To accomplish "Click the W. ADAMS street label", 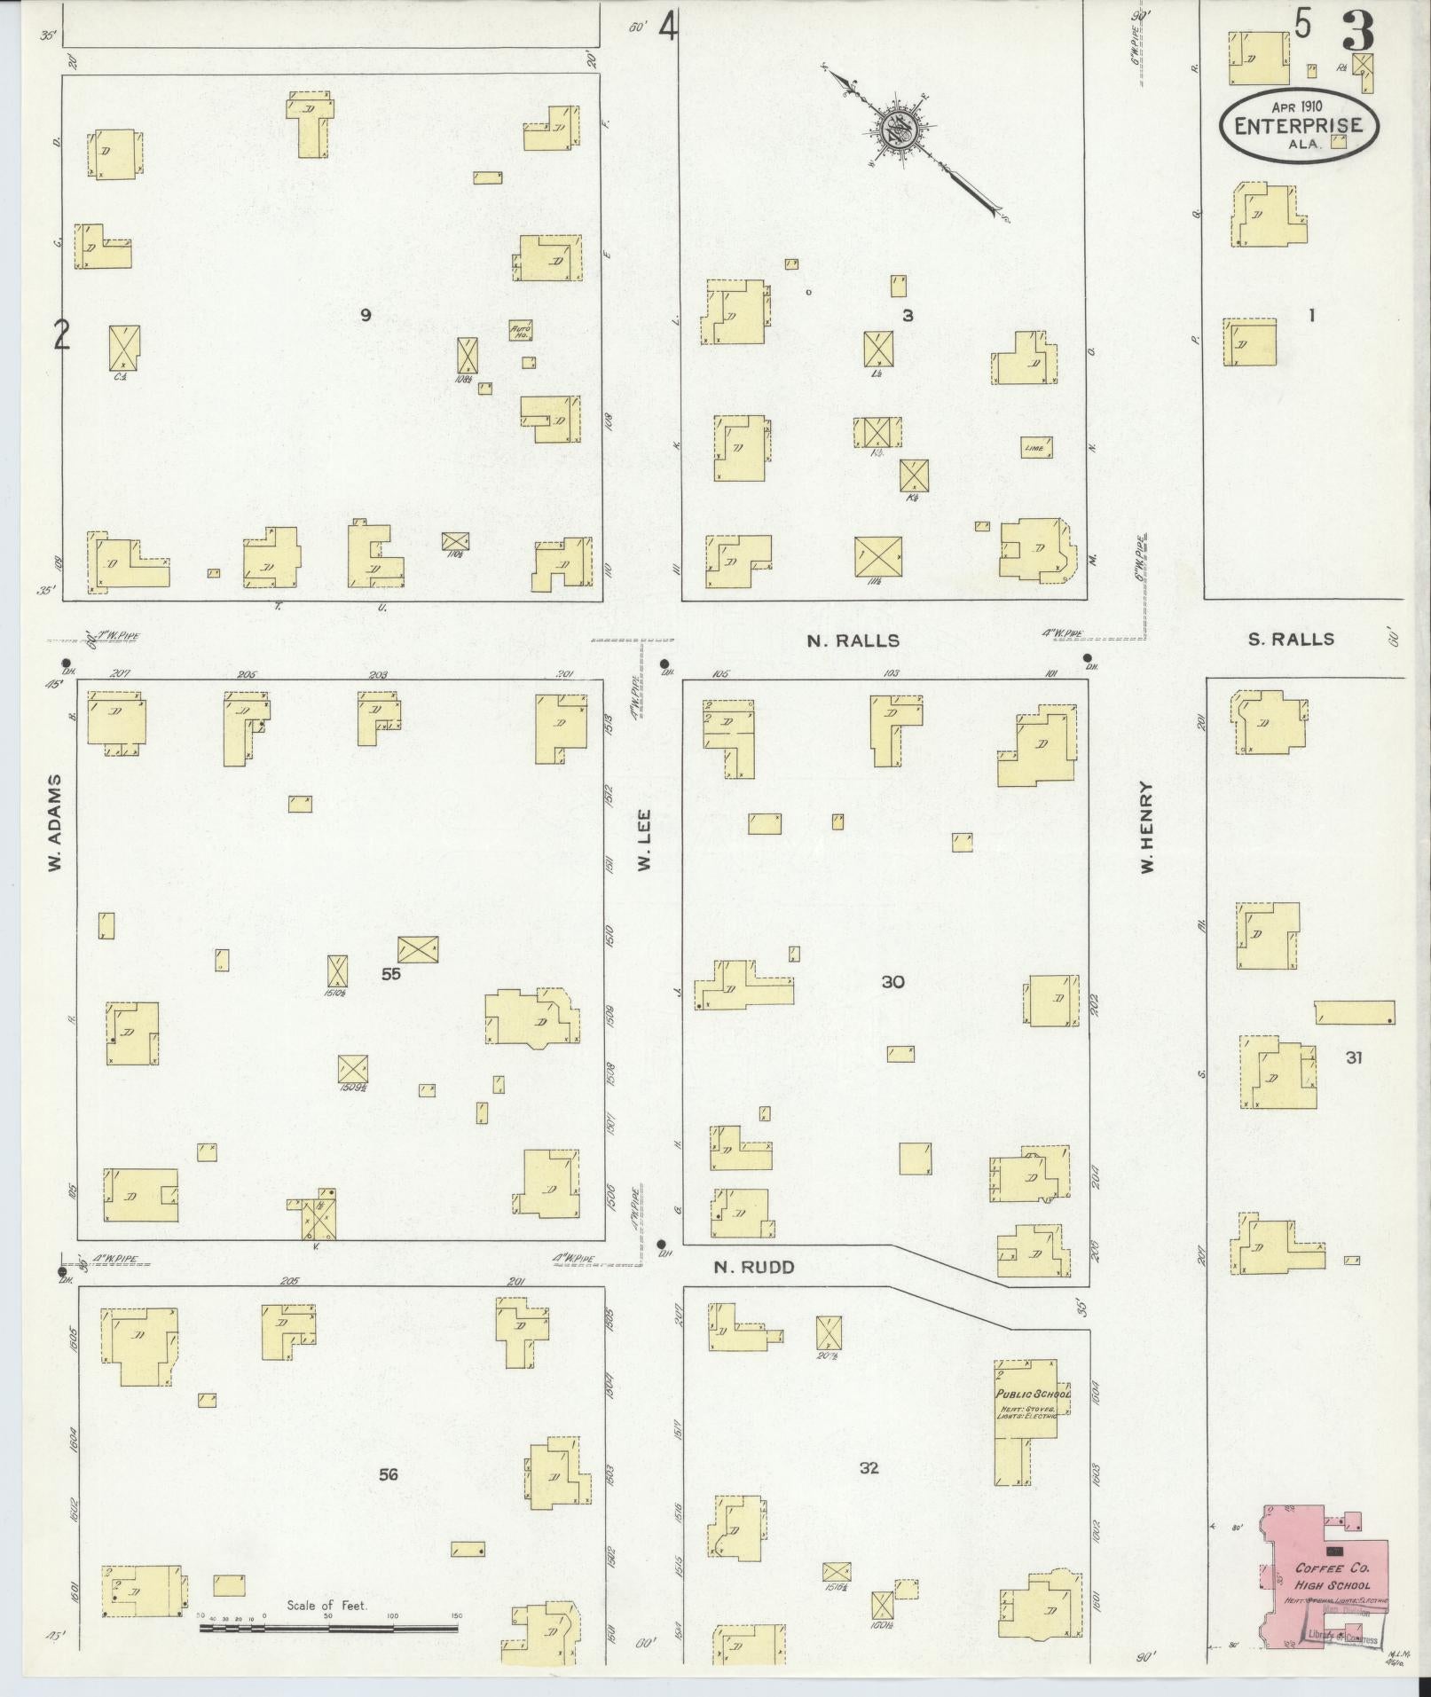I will point(55,822).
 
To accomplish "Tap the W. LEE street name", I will point(645,838).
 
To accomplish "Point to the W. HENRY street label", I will point(1147,827).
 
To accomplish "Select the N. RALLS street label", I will point(853,640).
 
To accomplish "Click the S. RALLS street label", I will point(1290,639).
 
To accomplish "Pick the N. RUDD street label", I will point(754,1268).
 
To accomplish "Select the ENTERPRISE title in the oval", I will point(1298,126).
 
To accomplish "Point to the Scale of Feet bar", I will point(327,1629).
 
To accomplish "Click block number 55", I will point(391,973).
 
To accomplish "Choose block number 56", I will point(388,1474).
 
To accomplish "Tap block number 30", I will point(892,981).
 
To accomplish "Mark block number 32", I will point(869,1467).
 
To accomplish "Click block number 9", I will point(366,314).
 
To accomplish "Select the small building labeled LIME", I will point(1036,447).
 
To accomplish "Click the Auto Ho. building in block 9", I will point(520,331).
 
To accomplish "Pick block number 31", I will point(1353,1057).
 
